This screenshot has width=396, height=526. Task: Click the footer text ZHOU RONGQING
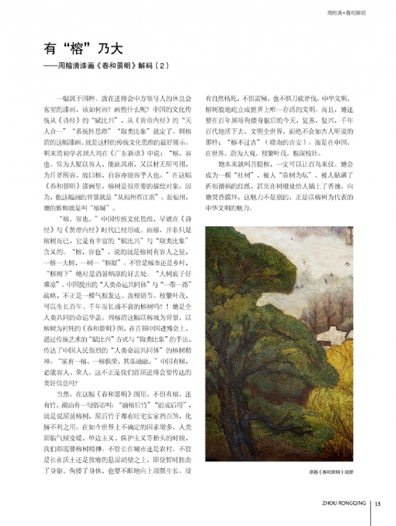pos(344,502)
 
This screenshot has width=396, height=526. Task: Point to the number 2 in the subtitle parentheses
pos(165,64)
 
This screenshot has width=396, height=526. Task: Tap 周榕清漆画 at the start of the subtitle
pos(75,64)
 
